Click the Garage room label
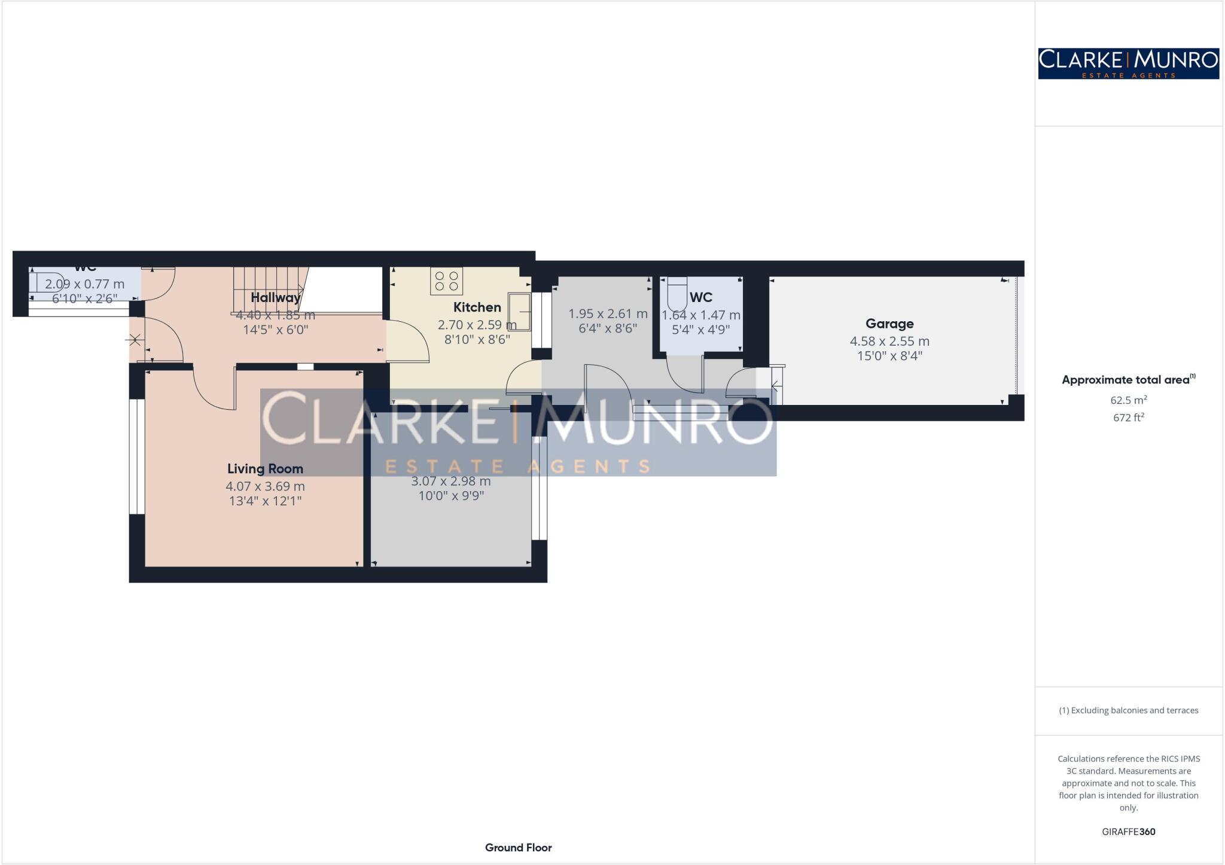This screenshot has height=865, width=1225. (x=889, y=324)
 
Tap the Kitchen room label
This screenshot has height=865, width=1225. (x=477, y=307)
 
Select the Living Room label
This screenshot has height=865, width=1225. (x=265, y=469)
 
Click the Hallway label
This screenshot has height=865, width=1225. (x=275, y=297)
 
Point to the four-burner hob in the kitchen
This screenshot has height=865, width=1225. (x=446, y=281)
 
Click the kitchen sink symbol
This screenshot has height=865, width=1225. (x=519, y=312)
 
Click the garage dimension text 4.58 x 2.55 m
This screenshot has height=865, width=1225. (x=889, y=342)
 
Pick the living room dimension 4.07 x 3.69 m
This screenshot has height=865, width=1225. (x=265, y=486)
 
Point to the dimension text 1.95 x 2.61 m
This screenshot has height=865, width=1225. (x=608, y=314)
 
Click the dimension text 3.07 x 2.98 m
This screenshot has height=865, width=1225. (x=450, y=481)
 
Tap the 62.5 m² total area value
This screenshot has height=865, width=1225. (x=1128, y=400)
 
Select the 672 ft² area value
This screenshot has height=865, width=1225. (x=1128, y=418)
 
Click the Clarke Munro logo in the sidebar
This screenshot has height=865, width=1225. (x=1128, y=63)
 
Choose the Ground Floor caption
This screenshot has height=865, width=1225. (x=518, y=848)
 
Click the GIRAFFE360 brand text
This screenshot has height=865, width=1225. (x=1128, y=832)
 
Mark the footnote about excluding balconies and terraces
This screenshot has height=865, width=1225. (x=1128, y=711)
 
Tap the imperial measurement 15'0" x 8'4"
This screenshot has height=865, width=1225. (x=889, y=357)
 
